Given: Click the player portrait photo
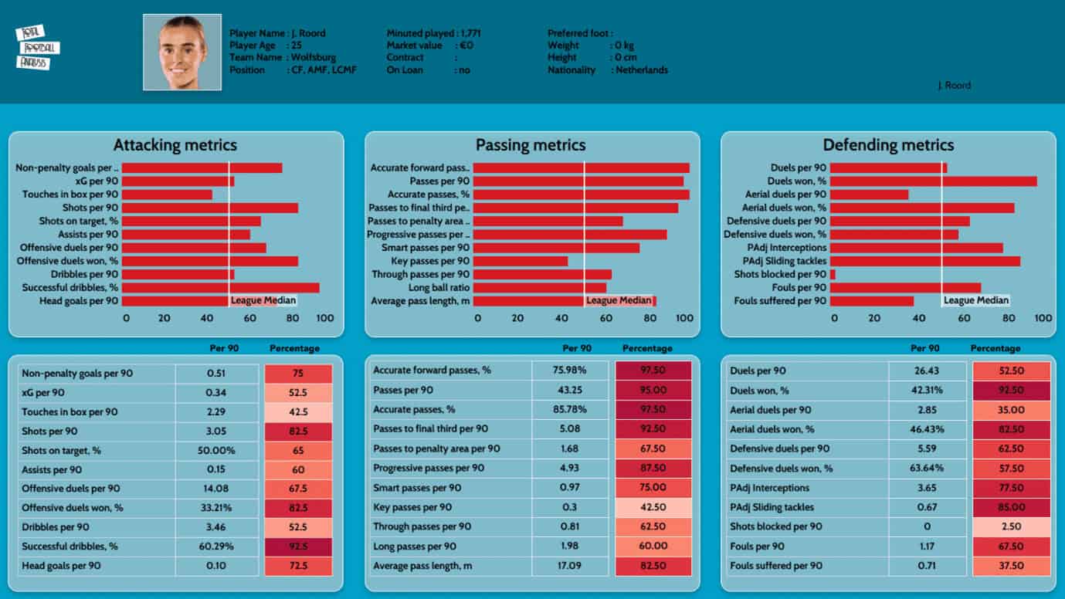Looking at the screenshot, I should (182, 52).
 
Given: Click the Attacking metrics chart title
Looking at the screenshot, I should (175, 145).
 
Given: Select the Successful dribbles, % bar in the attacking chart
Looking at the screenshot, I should (221, 288).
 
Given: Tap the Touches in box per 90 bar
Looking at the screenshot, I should (167, 195).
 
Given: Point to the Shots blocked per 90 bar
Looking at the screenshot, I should (833, 274).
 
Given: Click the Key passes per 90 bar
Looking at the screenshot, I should (521, 261).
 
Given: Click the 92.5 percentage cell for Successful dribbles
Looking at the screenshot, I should (298, 547).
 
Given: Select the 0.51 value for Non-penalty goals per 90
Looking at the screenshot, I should (216, 374).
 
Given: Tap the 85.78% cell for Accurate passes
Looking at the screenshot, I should (571, 409).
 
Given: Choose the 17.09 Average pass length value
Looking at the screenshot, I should (571, 566).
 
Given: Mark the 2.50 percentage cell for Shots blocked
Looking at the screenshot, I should (1010, 526).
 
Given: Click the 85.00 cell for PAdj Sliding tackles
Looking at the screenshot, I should (1010, 507).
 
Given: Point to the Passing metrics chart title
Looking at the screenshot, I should (531, 145).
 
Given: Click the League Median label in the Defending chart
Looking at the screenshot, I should (976, 300).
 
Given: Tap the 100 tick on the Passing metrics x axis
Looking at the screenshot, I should (684, 318).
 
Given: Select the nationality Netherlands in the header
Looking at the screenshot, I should (642, 70).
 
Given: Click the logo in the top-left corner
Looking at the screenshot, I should (37, 48).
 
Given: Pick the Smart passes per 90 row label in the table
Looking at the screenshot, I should (417, 488).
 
